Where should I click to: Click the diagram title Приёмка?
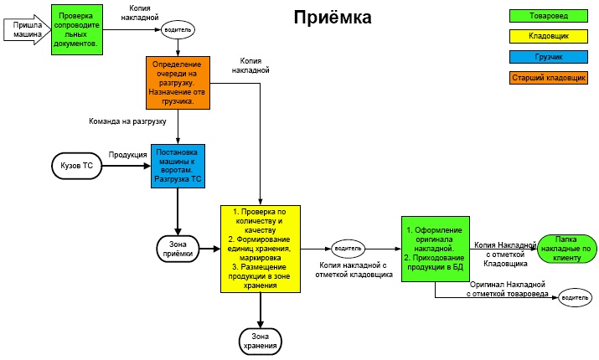[332, 17]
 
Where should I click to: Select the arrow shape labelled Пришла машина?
[27, 29]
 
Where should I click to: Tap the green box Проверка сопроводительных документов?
[78, 29]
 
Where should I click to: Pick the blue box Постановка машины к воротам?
[178, 167]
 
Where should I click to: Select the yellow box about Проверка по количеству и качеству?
[261, 248]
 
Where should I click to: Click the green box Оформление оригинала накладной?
[434, 249]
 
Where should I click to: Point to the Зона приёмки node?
[177, 248]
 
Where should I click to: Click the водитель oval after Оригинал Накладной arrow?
[576, 297]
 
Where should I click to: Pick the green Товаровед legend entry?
[546, 15]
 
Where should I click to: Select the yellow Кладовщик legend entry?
[546, 36]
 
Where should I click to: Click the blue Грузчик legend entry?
[546, 57]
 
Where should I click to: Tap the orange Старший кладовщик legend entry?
[546, 78]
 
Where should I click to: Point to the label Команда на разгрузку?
[127, 121]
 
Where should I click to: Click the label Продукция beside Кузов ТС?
[127, 155]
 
